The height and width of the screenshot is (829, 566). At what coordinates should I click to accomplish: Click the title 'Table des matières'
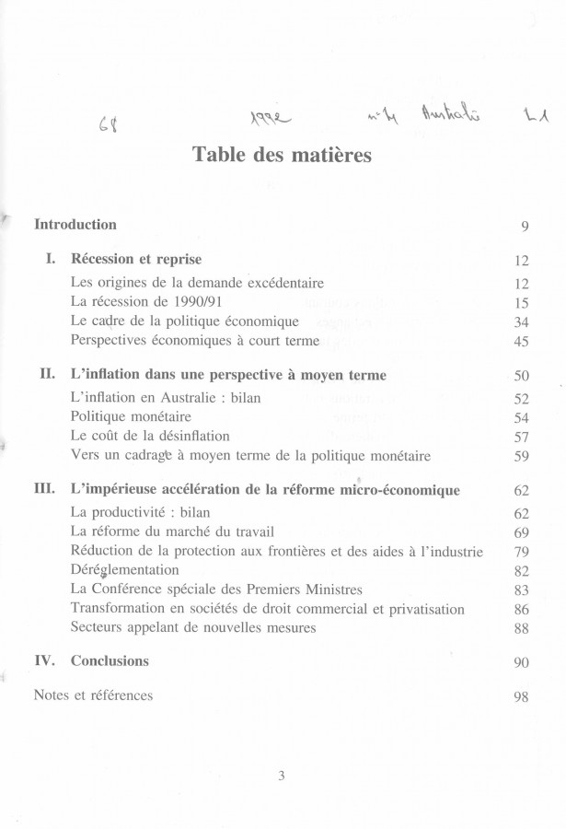pyautogui.click(x=283, y=155)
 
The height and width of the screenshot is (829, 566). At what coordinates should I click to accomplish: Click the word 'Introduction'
pyautogui.click(x=75, y=225)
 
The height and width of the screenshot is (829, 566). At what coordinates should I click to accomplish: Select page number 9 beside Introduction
pyautogui.click(x=523, y=227)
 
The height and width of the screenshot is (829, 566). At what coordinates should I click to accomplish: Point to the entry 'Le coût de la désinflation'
pyautogui.click(x=150, y=436)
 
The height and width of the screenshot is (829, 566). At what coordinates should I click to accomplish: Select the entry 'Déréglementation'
pyautogui.click(x=127, y=570)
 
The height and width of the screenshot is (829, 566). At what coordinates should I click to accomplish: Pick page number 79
pyautogui.click(x=520, y=553)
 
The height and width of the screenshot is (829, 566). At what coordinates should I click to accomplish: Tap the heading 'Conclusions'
pyautogui.click(x=110, y=660)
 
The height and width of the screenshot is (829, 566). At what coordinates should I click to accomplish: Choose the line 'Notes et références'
pyautogui.click(x=93, y=695)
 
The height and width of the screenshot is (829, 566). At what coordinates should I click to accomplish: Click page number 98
pyautogui.click(x=520, y=696)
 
